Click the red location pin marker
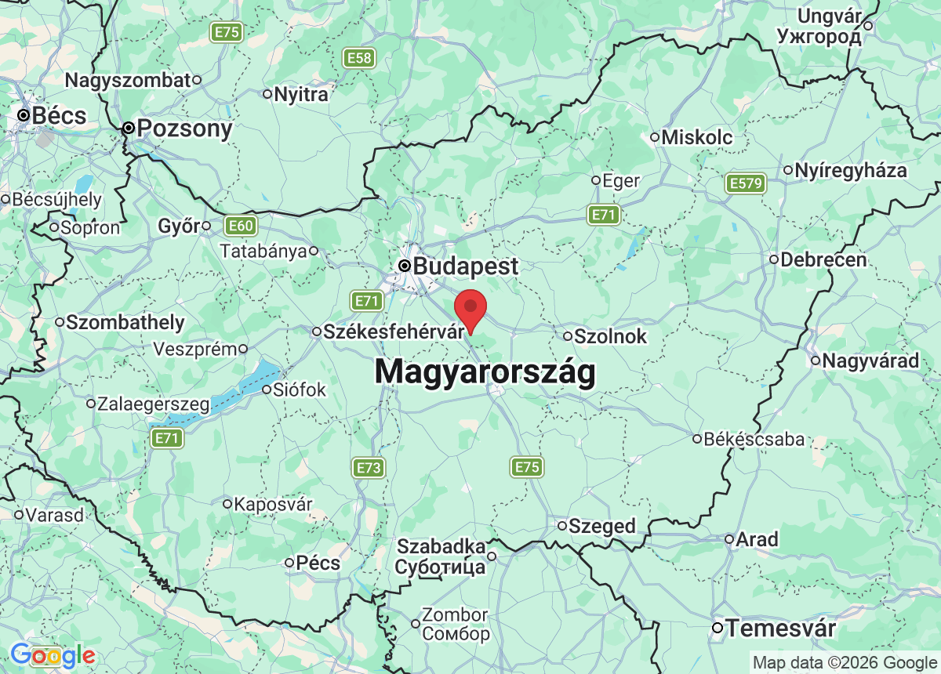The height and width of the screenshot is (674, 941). click(470, 308)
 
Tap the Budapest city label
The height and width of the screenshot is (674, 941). click(465, 266)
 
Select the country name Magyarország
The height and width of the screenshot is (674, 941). click(485, 371)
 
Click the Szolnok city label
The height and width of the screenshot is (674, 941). click(610, 336)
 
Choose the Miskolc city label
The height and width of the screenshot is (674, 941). click(696, 137)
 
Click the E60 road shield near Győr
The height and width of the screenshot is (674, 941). click(240, 226)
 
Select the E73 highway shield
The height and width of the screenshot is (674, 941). click(369, 469)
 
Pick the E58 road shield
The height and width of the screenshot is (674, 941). click(359, 57)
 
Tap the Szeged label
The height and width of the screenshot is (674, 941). click(602, 526)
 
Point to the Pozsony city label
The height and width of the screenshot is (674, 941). click(184, 129)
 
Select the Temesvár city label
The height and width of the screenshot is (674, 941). click(779, 629)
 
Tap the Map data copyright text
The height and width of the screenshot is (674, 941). click(845, 663)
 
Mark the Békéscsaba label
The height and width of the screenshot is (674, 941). click(754, 439)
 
